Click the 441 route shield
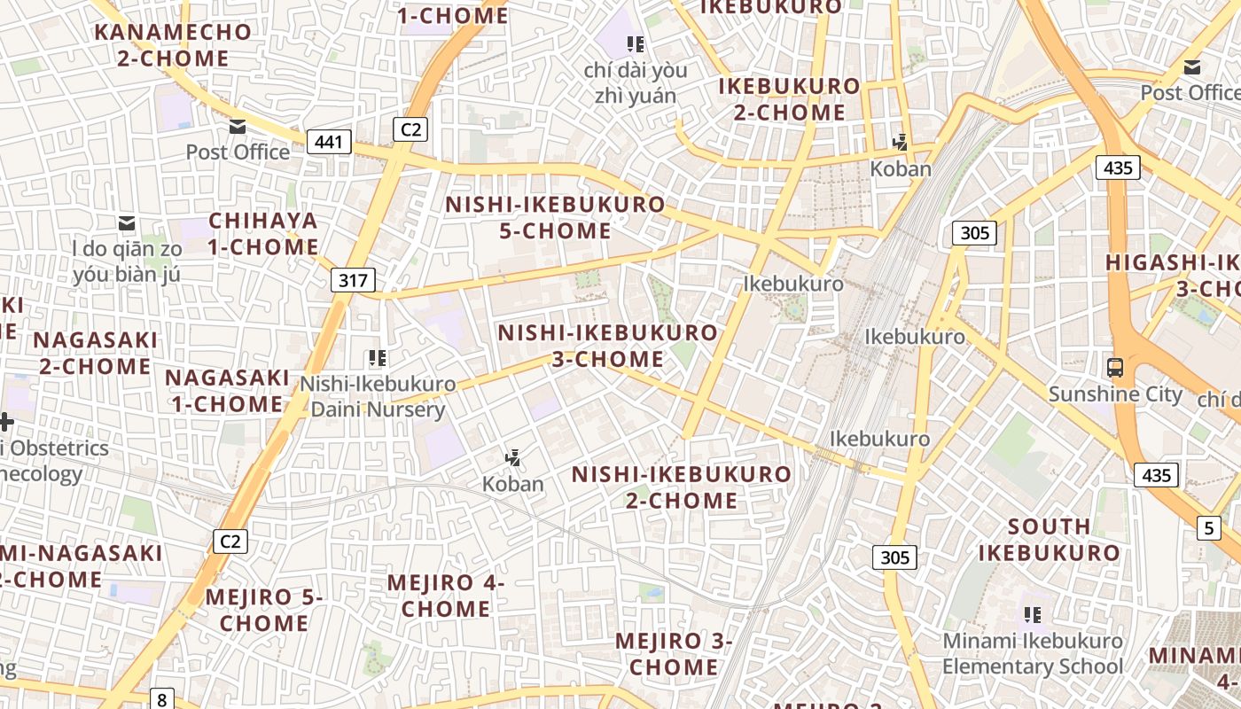click(x=330, y=141)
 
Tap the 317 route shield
click(x=353, y=281)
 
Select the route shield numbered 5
click(x=1209, y=528)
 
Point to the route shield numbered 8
click(x=161, y=698)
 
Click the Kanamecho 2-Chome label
click(x=174, y=45)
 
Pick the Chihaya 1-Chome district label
click(x=263, y=233)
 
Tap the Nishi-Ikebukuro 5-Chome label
click(x=555, y=217)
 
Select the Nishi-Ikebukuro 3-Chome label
click(x=607, y=346)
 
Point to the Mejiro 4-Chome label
click(x=446, y=596)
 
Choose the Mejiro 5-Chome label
click(x=264, y=610)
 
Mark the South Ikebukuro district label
click(x=1050, y=539)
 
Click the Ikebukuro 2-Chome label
click(x=789, y=98)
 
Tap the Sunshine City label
click(x=1115, y=393)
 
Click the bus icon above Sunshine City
click(x=1115, y=366)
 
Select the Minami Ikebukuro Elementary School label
click(x=1033, y=653)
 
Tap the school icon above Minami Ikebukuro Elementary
click(x=1032, y=613)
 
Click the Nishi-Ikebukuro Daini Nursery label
click(x=378, y=396)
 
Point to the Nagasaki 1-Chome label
click(x=227, y=390)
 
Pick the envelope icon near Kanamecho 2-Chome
click(x=237, y=127)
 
